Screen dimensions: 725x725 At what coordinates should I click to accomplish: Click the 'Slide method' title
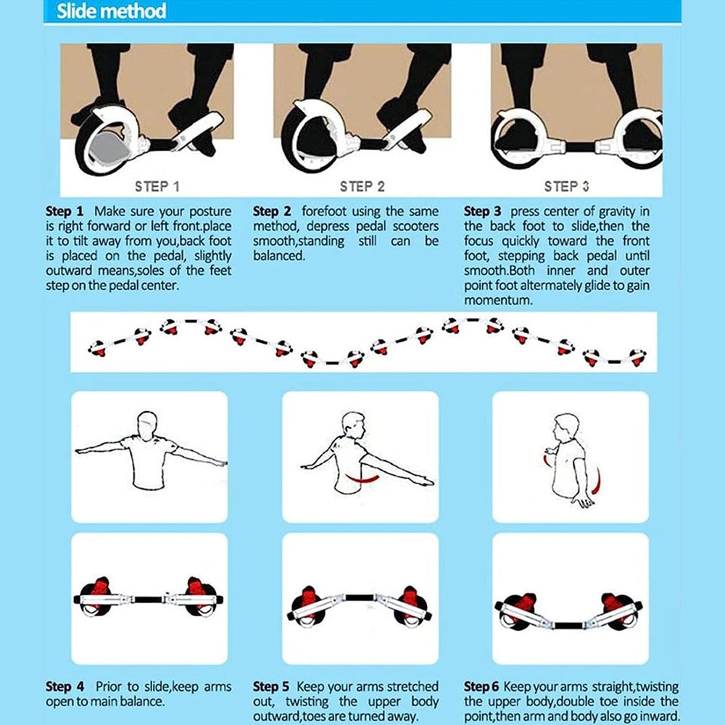(x=111, y=11)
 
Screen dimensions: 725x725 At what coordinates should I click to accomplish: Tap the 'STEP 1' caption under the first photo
(x=157, y=187)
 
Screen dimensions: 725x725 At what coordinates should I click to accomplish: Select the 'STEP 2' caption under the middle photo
(x=362, y=187)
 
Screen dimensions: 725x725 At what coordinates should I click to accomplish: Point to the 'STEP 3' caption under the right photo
(x=566, y=187)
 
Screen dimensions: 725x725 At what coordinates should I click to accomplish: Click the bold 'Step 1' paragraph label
(x=65, y=211)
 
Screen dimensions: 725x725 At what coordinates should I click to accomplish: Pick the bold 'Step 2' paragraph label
(x=272, y=211)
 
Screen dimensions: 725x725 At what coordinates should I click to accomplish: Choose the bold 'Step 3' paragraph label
(x=483, y=211)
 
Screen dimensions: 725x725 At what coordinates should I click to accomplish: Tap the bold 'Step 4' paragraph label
(x=65, y=687)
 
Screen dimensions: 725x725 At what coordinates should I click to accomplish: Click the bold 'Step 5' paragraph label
(x=271, y=687)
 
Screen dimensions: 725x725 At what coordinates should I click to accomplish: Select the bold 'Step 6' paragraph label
(x=482, y=687)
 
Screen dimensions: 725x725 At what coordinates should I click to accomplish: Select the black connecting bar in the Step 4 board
(x=148, y=600)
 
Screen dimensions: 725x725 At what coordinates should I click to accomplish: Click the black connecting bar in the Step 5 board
(x=360, y=597)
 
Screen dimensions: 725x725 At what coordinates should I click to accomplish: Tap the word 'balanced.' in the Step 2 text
(x=279, y=256)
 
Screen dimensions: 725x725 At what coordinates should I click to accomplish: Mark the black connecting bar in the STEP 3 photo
(x=579, y=147)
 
